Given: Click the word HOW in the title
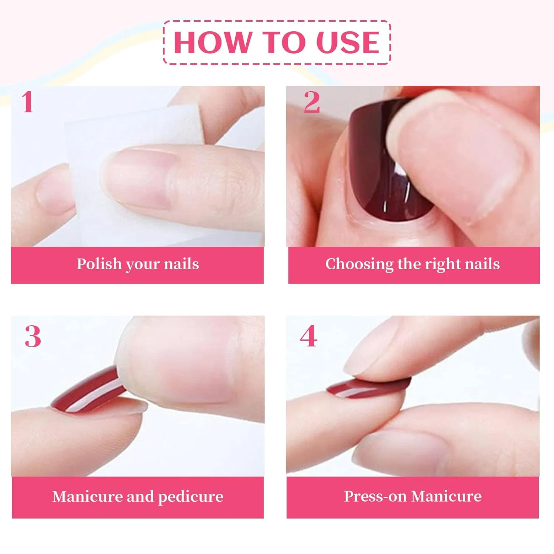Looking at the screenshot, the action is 212,42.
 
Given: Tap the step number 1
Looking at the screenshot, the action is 28,102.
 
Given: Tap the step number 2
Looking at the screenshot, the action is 312,102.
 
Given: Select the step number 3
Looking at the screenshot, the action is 33,336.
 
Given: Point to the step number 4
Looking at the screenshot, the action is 308,336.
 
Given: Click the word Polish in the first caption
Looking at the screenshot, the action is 99,264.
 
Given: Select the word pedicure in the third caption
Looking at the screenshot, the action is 191,497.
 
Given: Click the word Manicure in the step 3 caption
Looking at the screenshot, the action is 87,497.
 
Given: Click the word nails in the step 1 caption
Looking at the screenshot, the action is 181,264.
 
